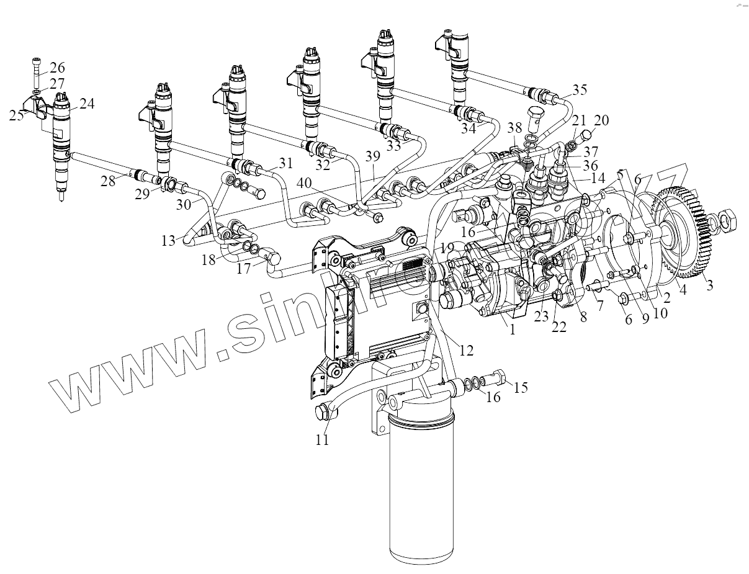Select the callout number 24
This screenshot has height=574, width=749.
pyautogui.click(x=86, y=104)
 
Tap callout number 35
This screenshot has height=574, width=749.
pyautogui.click(x=578, y=89)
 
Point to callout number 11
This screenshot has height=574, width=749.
pyautogui.click(x=321, y=440)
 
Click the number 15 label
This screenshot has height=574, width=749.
pyautogui.click(x=520, y=388)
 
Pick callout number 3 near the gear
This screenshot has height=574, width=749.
pyautogui.click(x=708, y=286)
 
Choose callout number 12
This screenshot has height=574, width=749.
pyautogui.click(x=466, y=351)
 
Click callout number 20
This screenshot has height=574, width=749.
pyautogui.click(x=601, y=120)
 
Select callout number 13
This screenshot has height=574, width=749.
pyautogui.click(x=169, y=241)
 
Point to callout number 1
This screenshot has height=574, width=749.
pyautogui.click(x=512, y=330)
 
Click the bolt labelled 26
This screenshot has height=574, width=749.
pyautogui.click(x=35, y=73)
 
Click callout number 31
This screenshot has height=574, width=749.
pyautogui.click(x=285, y=163)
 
